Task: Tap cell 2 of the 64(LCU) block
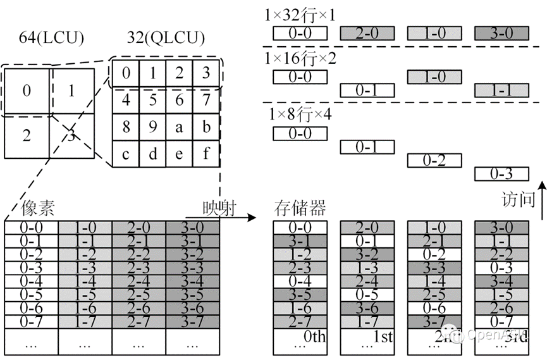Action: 26,135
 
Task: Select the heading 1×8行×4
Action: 301,116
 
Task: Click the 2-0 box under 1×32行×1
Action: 368,33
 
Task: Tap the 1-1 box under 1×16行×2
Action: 501,90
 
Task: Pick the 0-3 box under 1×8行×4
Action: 501,173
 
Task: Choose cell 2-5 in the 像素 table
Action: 138,294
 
